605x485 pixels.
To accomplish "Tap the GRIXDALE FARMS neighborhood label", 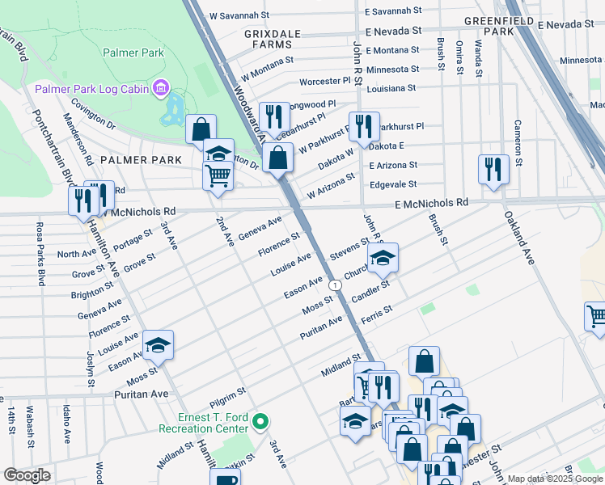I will pyautogui.click(x=260, y=40).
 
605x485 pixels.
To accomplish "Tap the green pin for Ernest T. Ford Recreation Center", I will pyautogui.click(x=260, y=421).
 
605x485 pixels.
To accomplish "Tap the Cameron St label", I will pyautogui.click(x=518, y=139).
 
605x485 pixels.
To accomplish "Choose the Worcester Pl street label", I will pyautogui.click(x=324, y=82).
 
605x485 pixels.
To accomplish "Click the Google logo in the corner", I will pyautogui.click(x=27, y=475).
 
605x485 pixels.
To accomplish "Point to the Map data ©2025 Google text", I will pyautogui.click(x=555, y=479).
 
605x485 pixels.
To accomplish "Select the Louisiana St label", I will pyautogui.click(x=391, y=88).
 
